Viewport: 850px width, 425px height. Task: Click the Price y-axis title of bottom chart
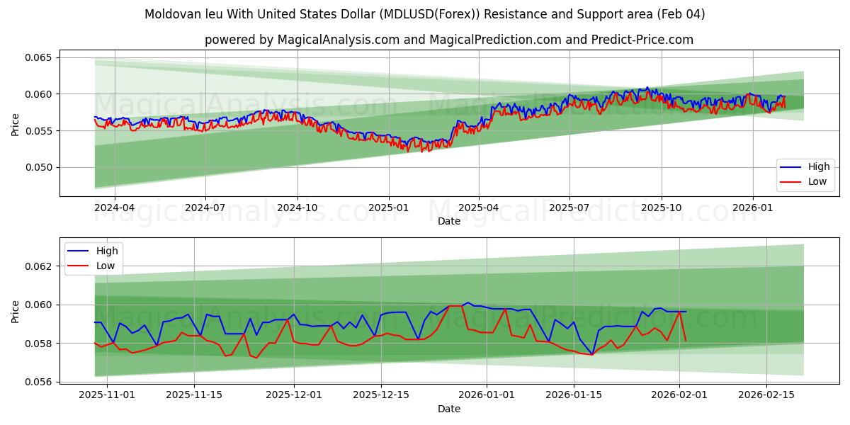[16, 311]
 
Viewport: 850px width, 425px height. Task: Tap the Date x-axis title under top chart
[448, 222]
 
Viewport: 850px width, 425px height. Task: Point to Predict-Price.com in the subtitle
[644, 40]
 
